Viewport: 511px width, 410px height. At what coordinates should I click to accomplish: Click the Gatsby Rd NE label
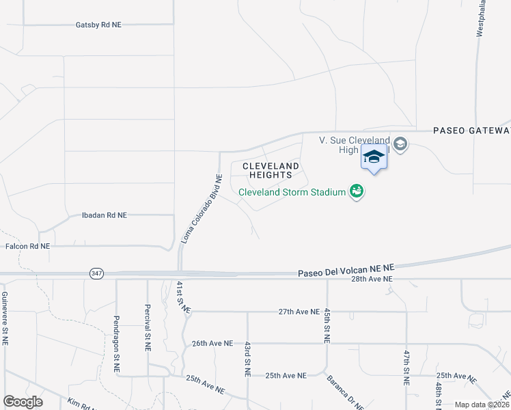coord(98,25)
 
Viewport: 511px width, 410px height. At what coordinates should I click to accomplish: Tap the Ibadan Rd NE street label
coord(104,215)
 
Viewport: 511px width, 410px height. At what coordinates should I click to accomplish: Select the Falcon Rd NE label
coord(27,246)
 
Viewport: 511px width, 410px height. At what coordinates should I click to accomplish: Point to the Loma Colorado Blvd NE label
coord(202,209)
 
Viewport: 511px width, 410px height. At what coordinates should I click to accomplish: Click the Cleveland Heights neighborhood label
coord(271,170)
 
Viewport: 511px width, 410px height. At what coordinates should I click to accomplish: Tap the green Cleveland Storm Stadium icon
coord(356,191)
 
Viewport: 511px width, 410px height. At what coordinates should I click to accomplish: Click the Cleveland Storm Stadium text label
coord(292,192)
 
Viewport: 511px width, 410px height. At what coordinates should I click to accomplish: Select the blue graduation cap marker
coord(374,158)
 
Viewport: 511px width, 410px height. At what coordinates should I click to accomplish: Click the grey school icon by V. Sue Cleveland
coord(400,143)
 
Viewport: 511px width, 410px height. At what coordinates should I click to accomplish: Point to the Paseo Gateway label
coord(471,131)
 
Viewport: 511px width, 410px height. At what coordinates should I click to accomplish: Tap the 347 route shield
coord(96,273)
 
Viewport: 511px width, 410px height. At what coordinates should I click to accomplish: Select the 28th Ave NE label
coord(372,279)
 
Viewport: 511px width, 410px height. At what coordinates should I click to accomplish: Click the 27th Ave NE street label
coord(299,312)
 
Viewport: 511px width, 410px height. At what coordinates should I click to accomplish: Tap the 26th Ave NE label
coord(212,343)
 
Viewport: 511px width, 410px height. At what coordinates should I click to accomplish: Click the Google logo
coord(23,402)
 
